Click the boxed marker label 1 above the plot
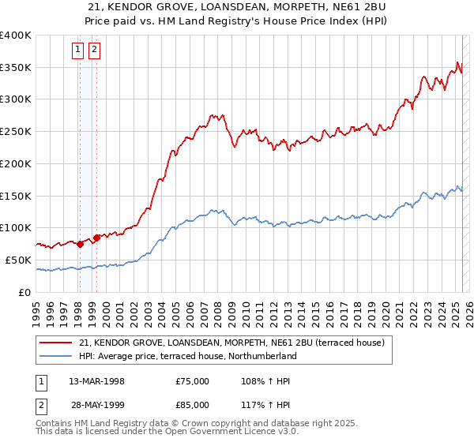point(78,51)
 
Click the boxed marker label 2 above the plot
point(94,51)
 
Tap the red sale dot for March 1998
point(80,244)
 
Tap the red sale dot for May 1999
point(96,237)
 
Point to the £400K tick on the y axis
point(16,36)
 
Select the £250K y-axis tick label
point(16,132)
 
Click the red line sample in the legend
point(56,343)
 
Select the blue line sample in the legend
point(56,356)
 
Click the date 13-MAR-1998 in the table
point(97,381)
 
